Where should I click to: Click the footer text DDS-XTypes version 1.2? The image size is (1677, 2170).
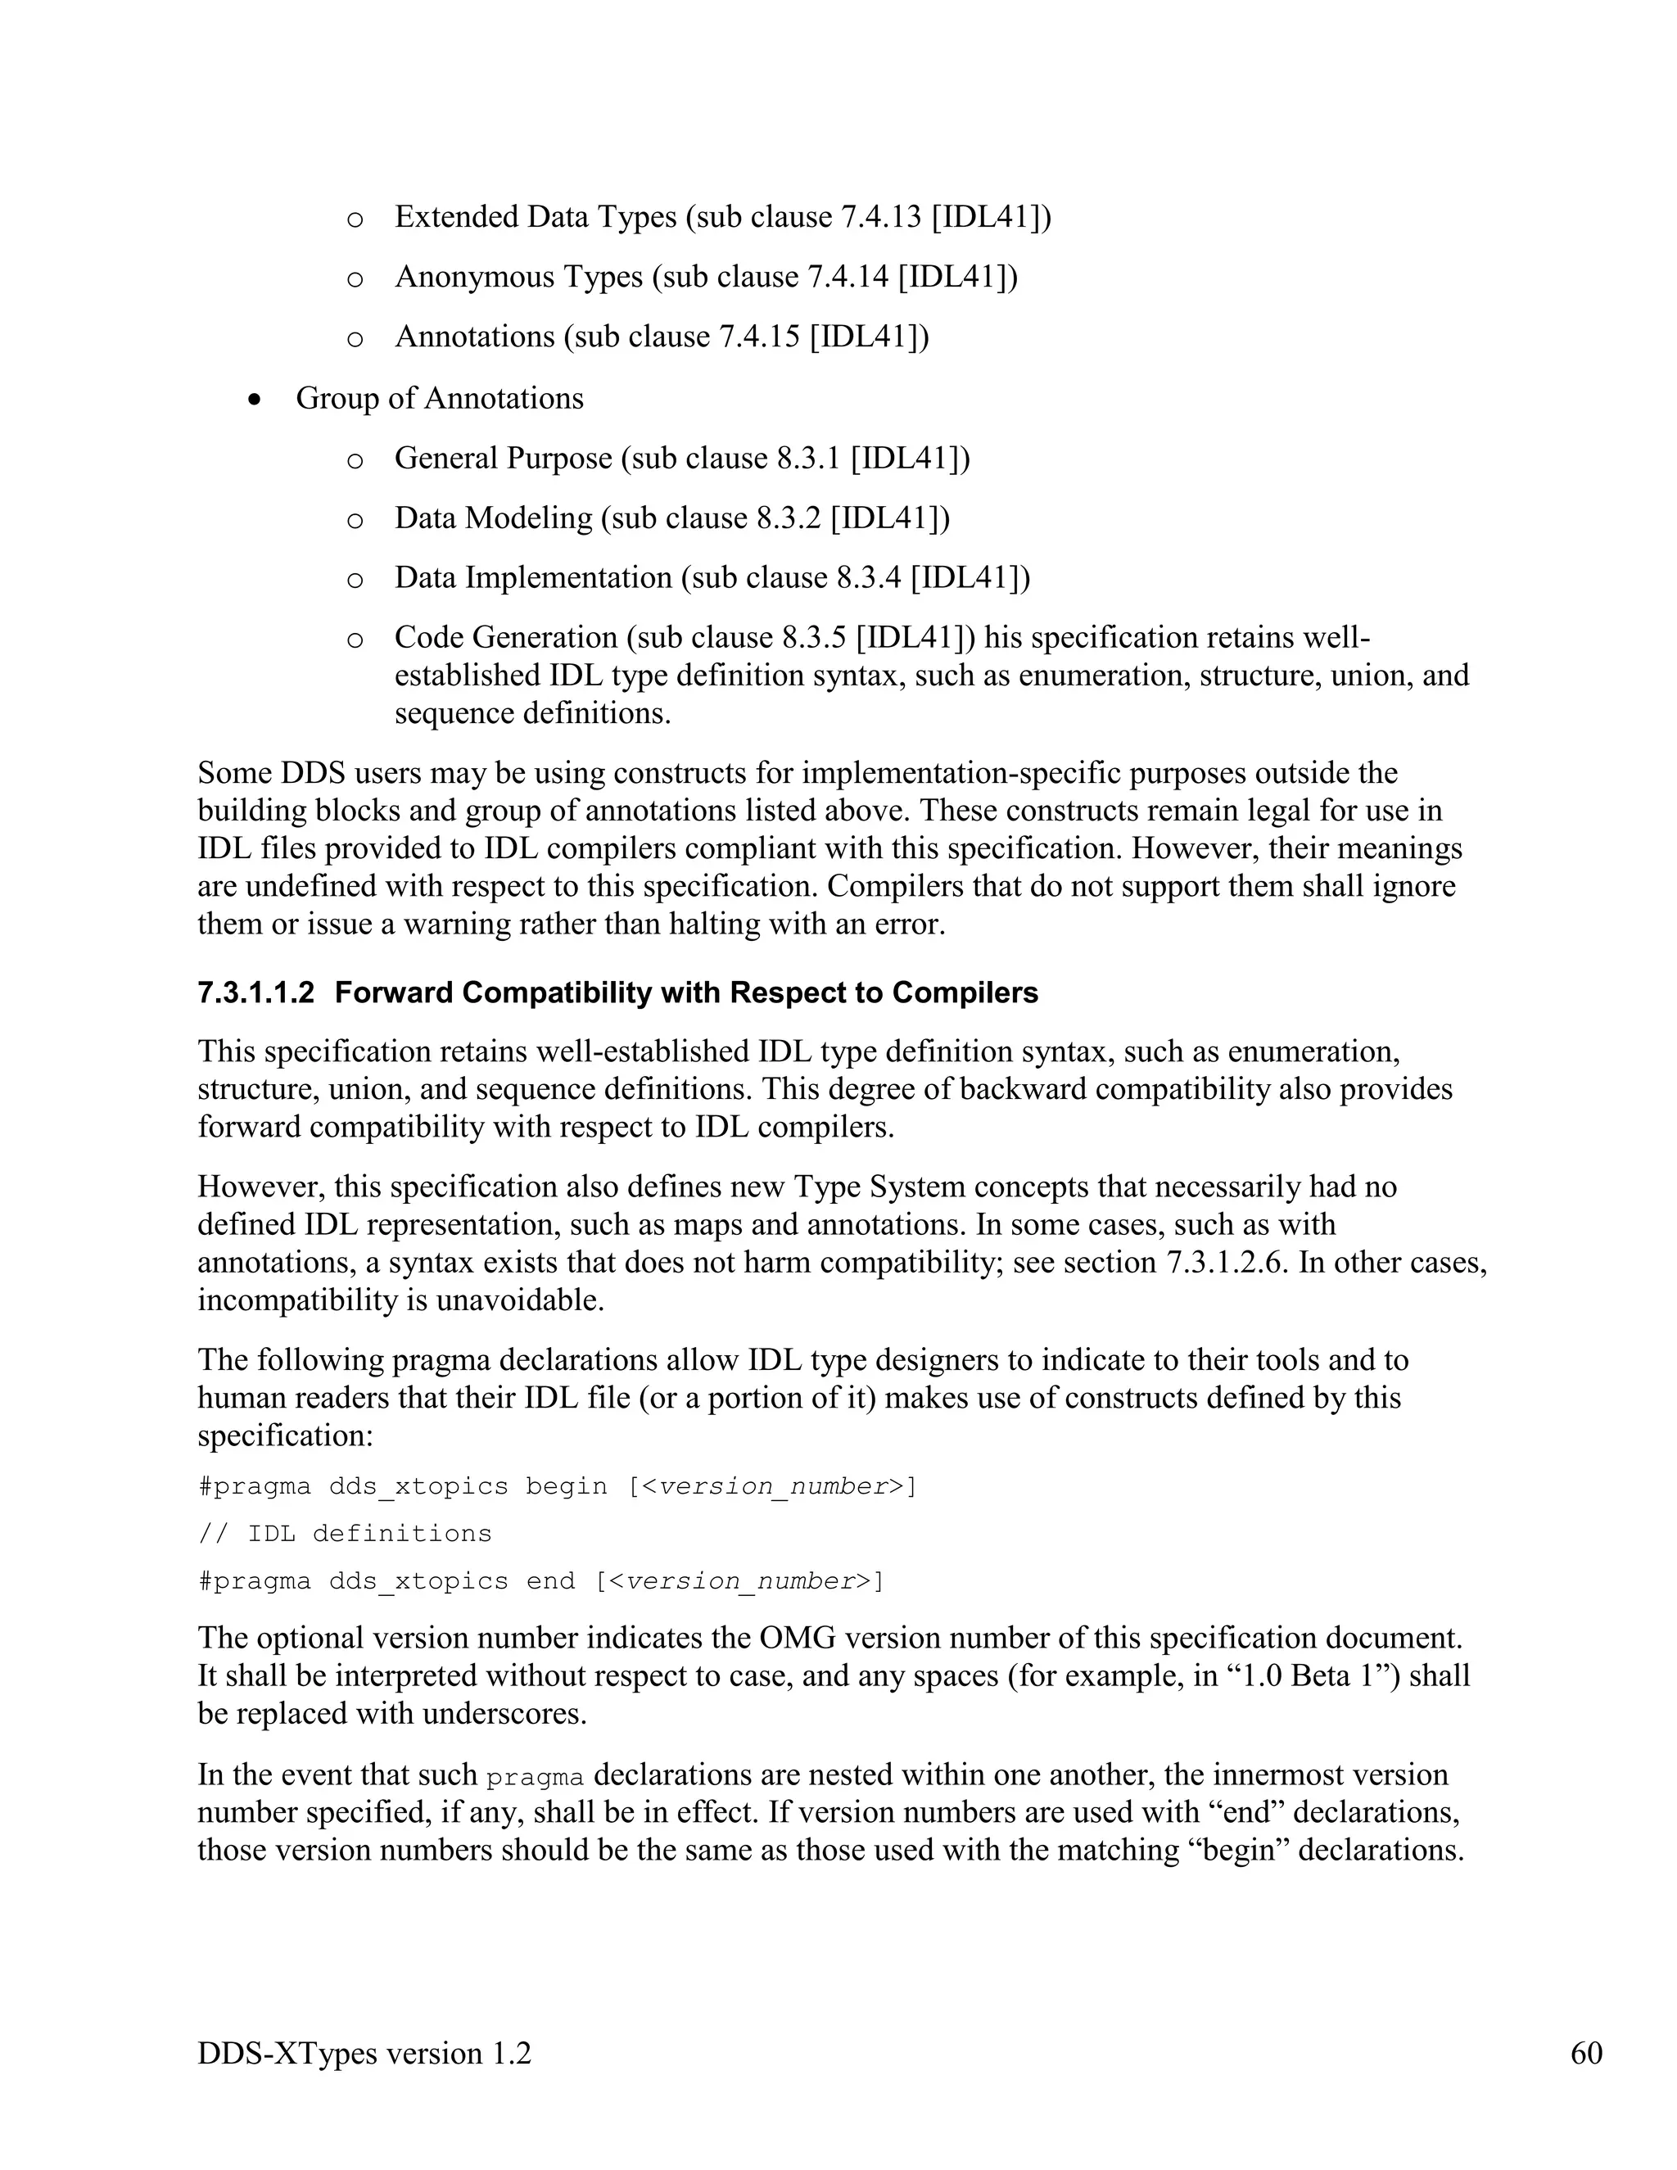[364, 2053]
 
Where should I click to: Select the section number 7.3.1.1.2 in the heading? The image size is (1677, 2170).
[255, 992]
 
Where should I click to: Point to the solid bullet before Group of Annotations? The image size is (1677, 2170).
[255, 400]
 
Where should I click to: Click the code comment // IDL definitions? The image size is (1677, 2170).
[345, 1533]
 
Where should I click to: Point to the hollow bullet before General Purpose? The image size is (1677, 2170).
[355, 460]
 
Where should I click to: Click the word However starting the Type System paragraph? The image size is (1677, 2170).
[260, 1187]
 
